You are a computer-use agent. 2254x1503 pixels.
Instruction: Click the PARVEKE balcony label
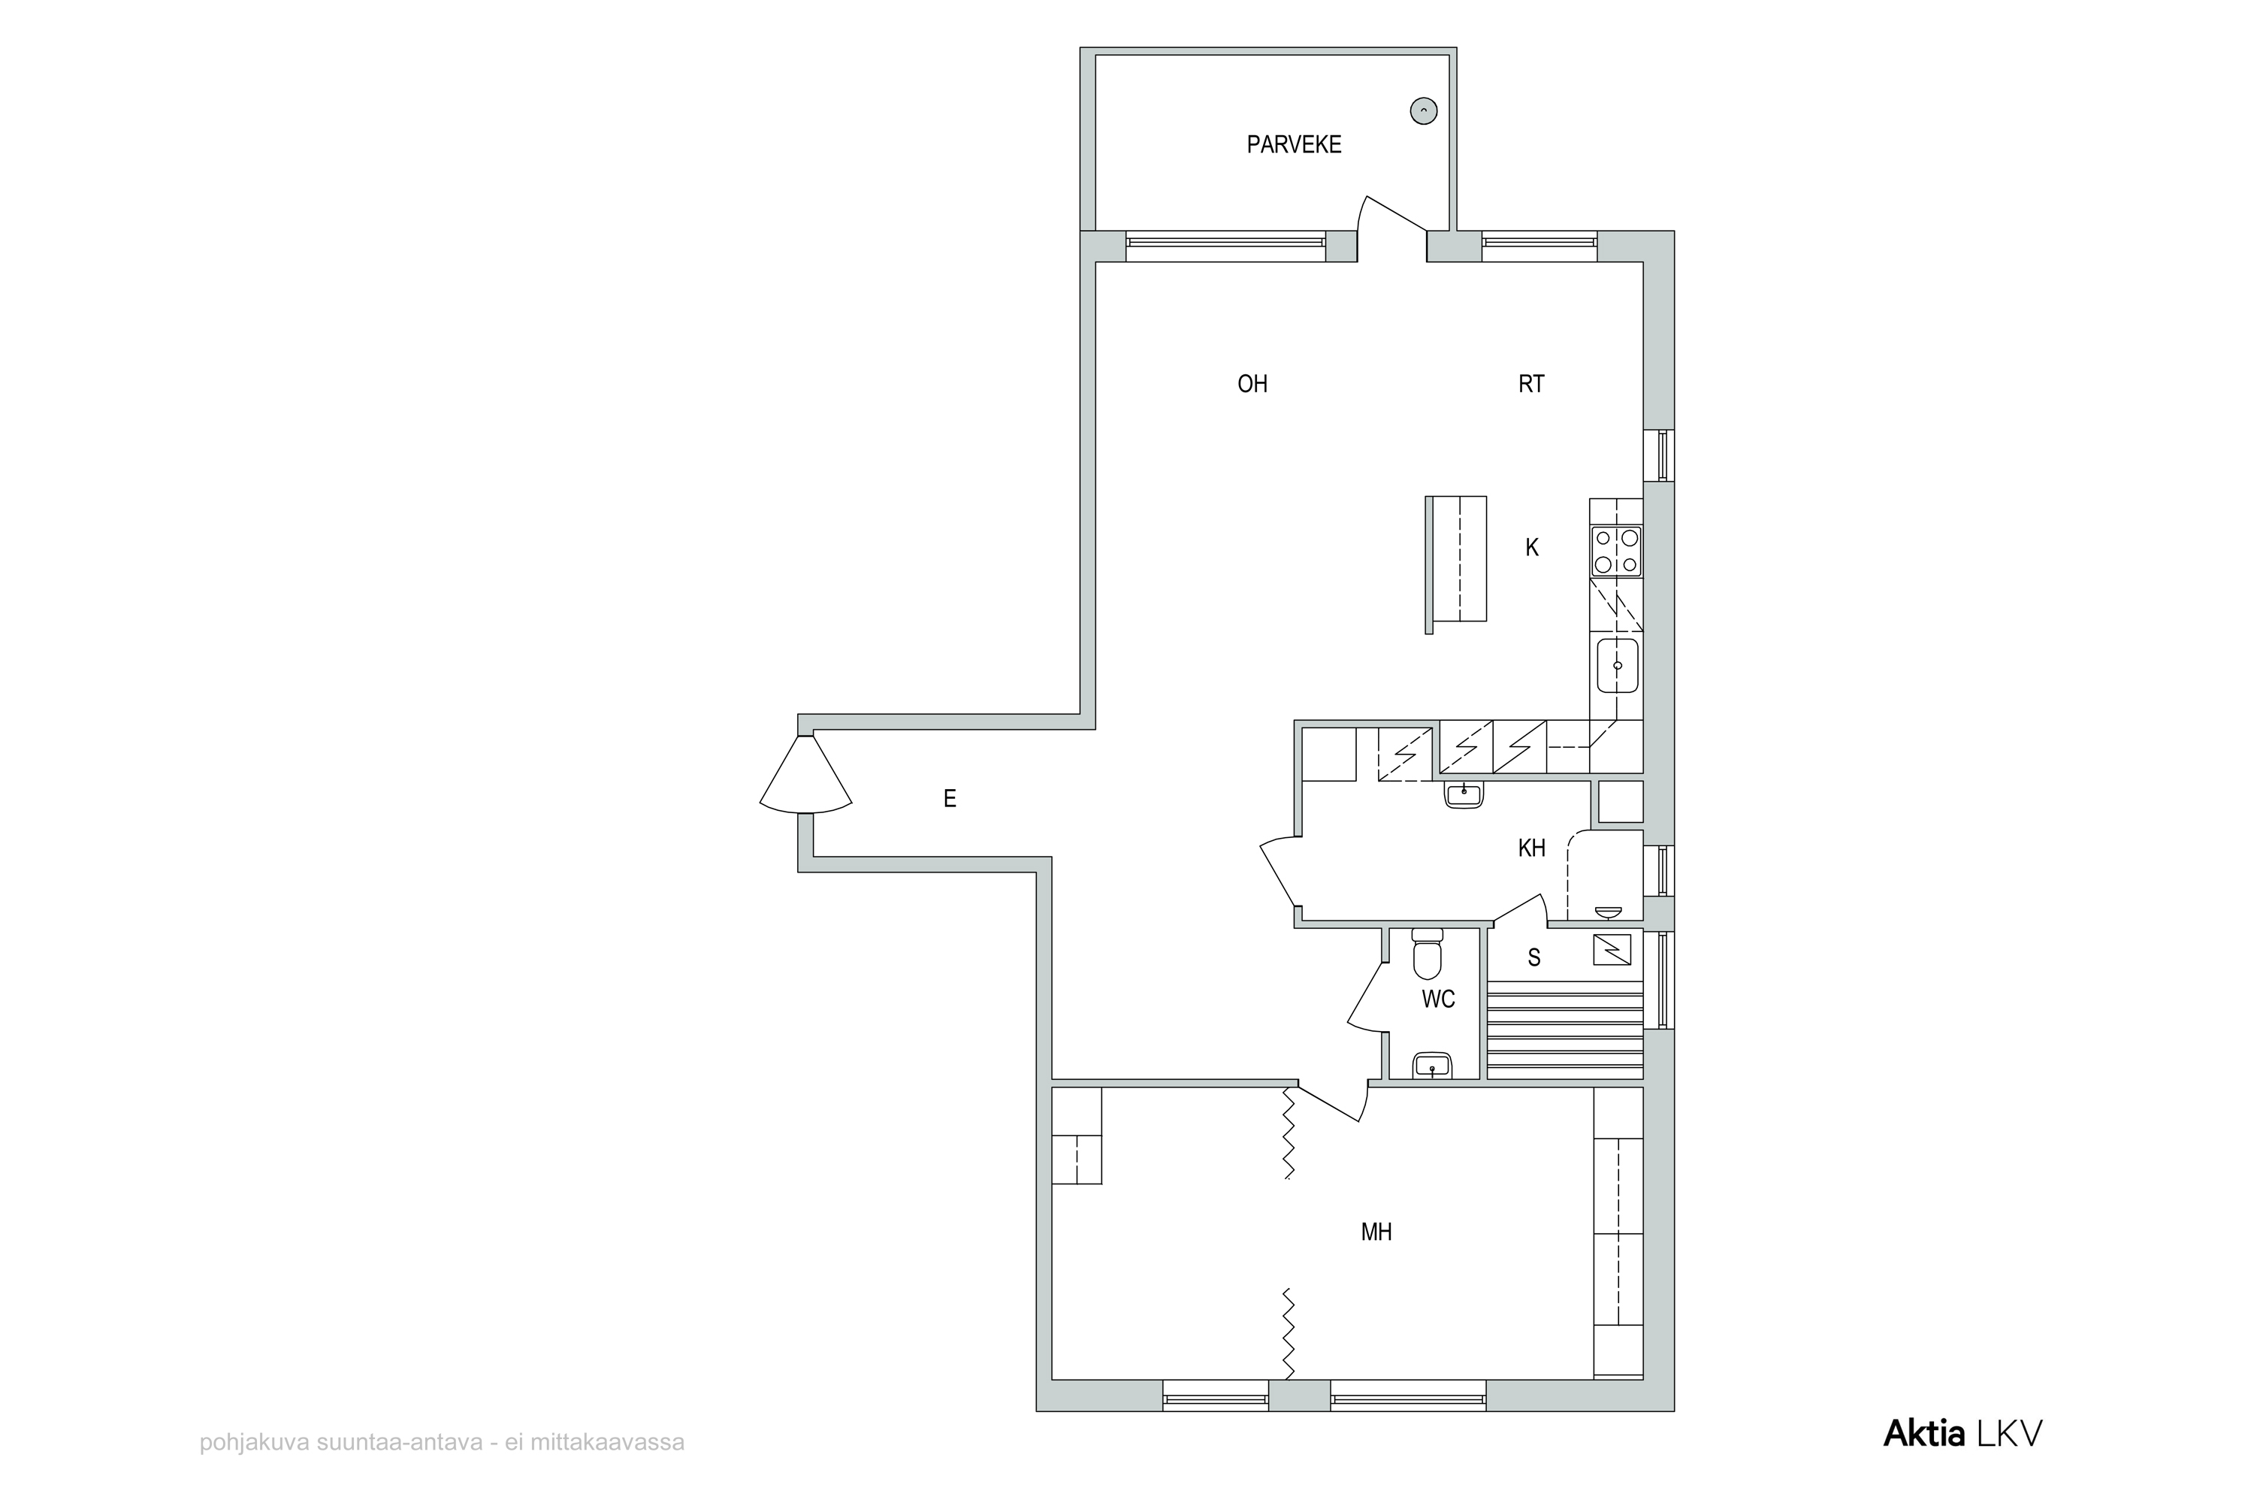coord(1294,145)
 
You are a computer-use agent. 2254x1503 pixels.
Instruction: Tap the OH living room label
coord(1252,384)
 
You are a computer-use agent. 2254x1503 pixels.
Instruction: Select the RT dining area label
coord(1531,384)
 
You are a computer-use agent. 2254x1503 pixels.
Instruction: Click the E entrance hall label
coord(950,798)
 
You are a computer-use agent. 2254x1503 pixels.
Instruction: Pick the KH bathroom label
coord(1531,848)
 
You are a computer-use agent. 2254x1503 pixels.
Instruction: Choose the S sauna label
coord(1534,957)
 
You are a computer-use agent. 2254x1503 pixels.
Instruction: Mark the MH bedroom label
coord(1376,1232)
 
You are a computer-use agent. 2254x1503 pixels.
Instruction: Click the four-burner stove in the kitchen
coord(1616,551)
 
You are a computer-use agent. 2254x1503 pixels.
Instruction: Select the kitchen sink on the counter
coord(1618,666)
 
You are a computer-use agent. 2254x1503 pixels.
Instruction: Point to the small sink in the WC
coord(1432,1065)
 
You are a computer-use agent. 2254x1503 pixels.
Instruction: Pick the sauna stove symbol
coord(1611,949)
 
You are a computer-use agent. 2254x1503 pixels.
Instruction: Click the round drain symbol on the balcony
coord(1424,111)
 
